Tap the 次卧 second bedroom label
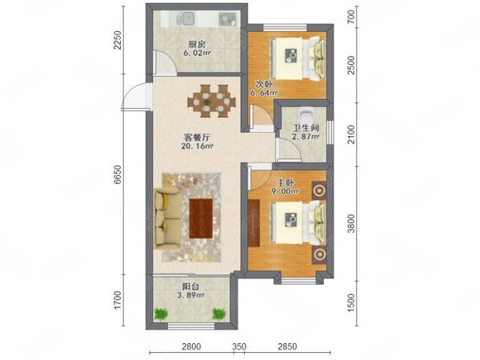pyautogui.click(x=263, y=83)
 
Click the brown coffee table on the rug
pyautogui.click(x=201, y=218)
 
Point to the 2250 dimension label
pyautogui.click(x=118, y=41)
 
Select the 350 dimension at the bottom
pyautogui.click(x=240, y=346)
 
